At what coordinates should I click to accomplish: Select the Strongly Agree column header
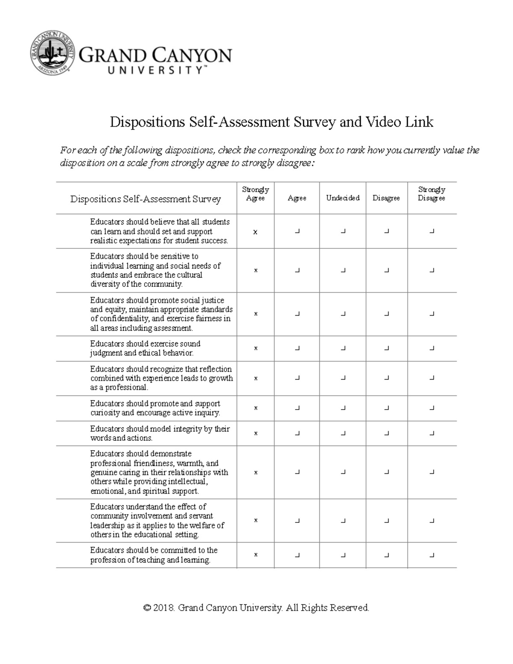point(255,194)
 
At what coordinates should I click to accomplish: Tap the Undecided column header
point(342,198)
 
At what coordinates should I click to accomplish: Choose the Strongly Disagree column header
point(431,194)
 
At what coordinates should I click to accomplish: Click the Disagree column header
point(386,198)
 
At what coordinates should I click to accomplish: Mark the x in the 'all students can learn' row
point(255,232)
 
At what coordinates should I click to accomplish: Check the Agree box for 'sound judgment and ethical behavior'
point(297,348)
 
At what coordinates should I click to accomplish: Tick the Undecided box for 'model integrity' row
point(343,433)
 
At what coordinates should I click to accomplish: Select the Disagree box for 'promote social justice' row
point(386,314)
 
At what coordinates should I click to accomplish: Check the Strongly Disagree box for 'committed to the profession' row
point(432,555)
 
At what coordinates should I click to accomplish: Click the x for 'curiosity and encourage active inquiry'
point(256,408)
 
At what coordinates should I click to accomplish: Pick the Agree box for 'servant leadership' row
point(297,520)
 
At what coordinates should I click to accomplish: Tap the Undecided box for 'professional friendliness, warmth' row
point(343,472)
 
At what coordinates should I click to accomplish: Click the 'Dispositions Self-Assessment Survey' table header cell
point(145,199)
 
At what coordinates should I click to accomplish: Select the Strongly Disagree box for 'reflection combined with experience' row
point(432,378)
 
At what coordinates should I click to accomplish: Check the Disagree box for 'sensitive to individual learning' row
point(386,270)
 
